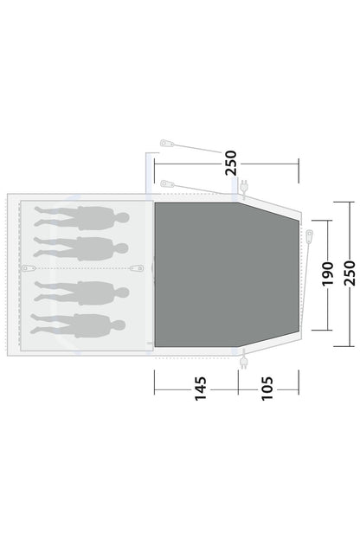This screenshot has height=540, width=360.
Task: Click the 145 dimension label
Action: [x=201, y=389]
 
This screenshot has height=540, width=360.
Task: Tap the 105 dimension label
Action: [x=267, y=389]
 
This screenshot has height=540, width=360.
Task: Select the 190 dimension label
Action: [x=328, y=273]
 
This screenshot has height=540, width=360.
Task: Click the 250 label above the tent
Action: [x=231, y=163]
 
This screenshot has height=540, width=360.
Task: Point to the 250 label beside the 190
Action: [x=349, y=273]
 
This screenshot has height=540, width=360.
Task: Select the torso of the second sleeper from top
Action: [x=94, y=248]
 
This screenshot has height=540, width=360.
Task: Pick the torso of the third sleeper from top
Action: [x=95, y=293]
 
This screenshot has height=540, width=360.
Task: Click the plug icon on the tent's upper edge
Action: [x=244, y=187]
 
